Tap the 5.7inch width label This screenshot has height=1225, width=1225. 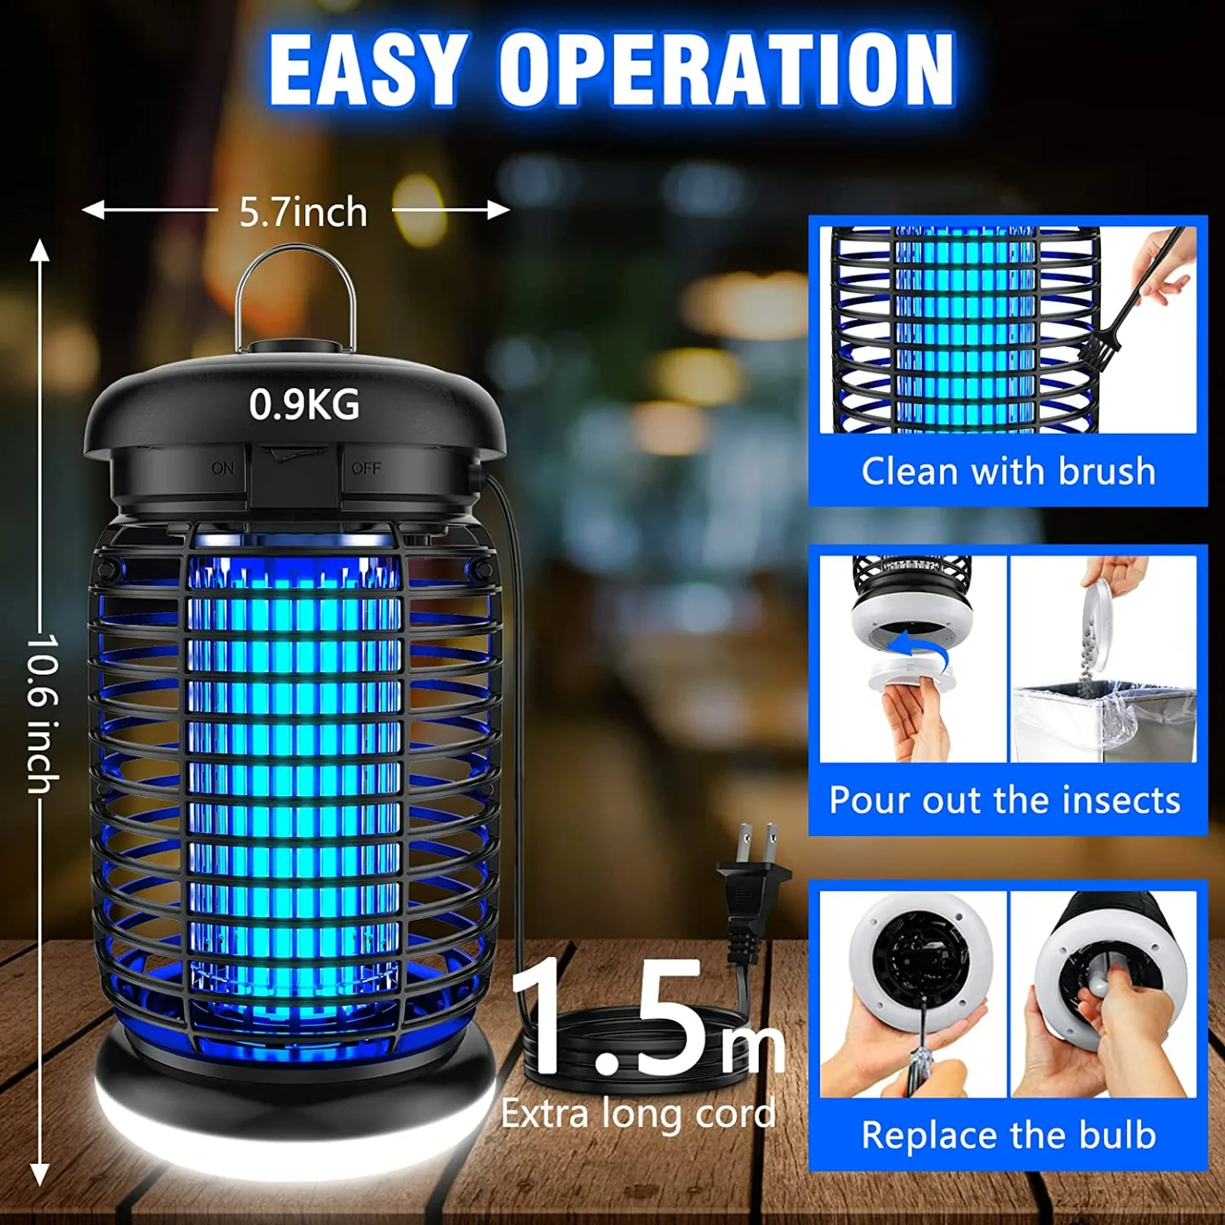pos(303,212)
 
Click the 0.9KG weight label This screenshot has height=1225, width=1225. pos(304,405)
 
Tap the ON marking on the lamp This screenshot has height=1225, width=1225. pos(223,469)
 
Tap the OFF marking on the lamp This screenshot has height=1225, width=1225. pos(366,469)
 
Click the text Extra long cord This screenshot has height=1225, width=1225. pos(638,1114)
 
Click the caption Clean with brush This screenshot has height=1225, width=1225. pos(1008,471)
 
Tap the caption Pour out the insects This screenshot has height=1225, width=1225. pos(1005,801)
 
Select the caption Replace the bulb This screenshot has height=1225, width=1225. pos(1008,1136)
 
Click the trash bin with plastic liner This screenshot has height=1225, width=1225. pos(1102,720)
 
